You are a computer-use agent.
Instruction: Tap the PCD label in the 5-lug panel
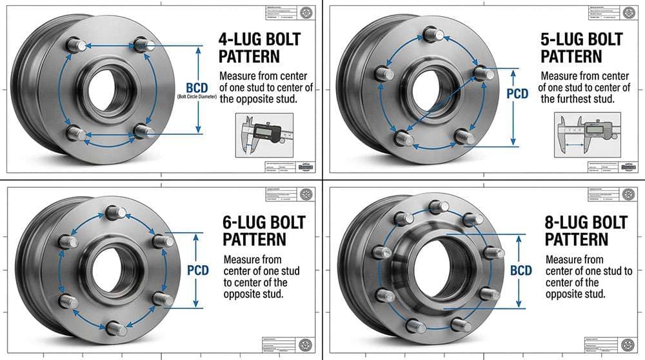(517, 94)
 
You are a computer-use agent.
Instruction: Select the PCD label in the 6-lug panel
(197, 270)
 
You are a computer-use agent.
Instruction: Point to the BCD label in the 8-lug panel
(521, 270)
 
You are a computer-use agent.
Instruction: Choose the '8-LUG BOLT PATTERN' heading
(586, 230)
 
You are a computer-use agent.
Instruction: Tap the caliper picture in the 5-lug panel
(587, 134)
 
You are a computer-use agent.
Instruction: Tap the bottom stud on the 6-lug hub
(115, 328)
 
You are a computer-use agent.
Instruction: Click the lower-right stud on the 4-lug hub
(143, 131)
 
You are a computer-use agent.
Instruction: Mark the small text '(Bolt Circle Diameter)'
(196, 97)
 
